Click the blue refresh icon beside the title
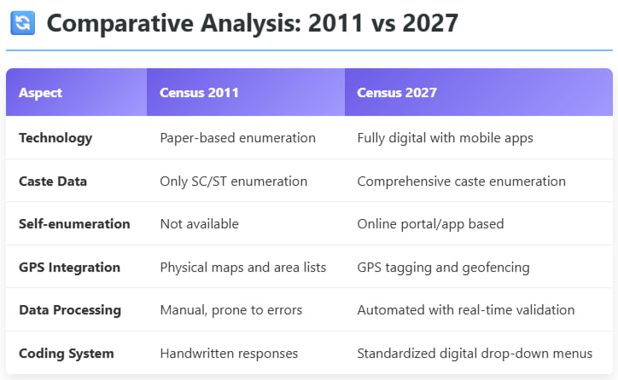(22, 23)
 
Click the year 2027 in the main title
(430, 23)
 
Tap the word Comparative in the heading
(120, 24)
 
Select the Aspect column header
(40, 93)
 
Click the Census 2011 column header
(199, 93)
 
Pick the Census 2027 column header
(397, 93)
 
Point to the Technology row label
(55, 138)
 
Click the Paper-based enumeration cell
(237, 138)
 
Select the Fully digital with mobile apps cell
(445, 138)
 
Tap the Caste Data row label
(53, 181)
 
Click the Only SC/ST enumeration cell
(233, 181)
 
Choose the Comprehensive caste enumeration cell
(461, 181)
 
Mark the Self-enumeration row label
(74, 224)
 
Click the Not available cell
(200, 224)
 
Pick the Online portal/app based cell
(430, 224)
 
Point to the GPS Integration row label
(69, 268)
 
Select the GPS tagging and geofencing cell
(443, 268)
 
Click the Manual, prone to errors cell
(231, 310)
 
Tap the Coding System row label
(67, 354)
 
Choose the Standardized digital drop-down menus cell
(475, 354)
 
